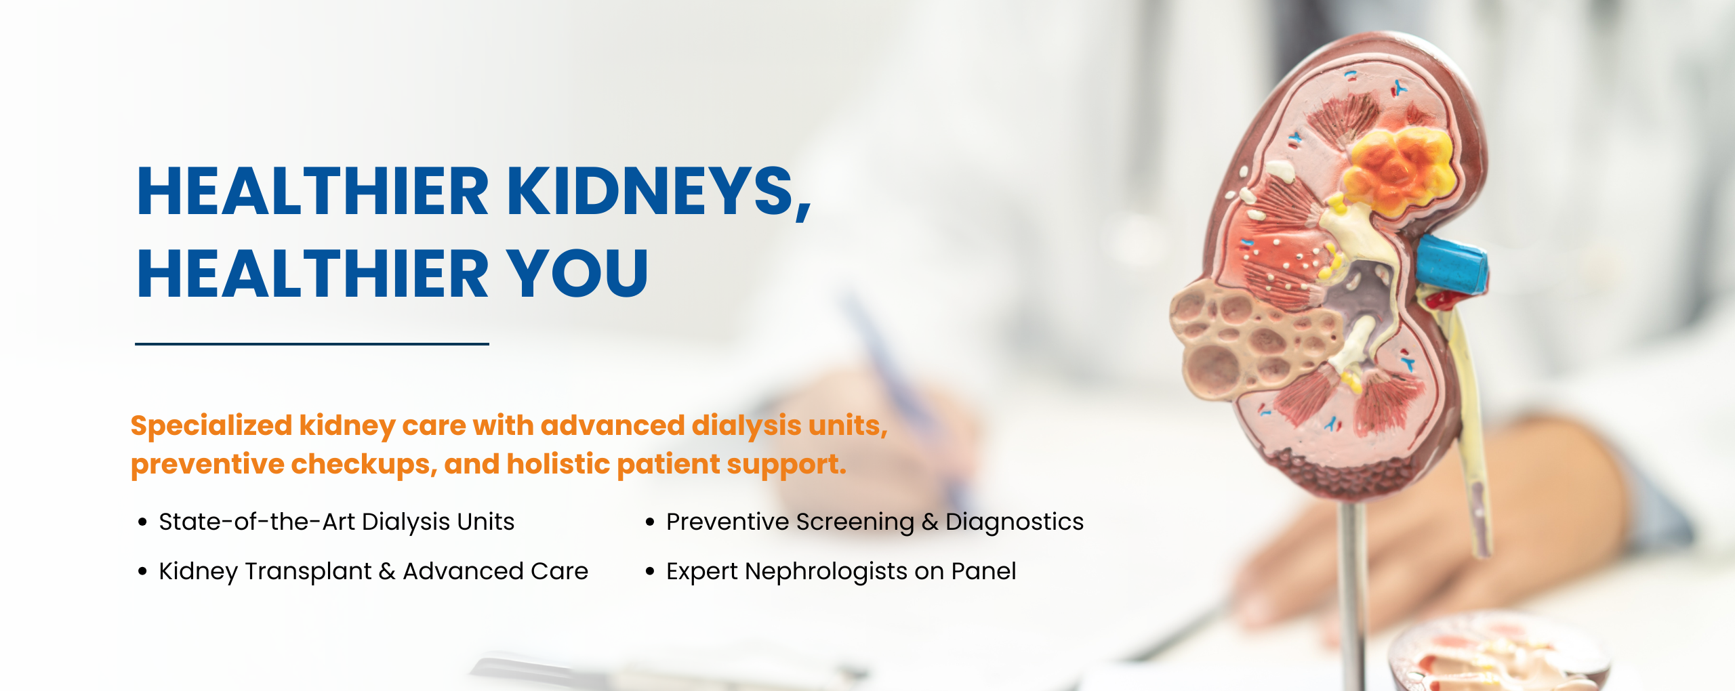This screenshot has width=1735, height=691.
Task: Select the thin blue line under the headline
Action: pyautogui.click(x=312, y=344)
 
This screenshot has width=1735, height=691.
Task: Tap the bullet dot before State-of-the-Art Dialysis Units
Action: pyautogui.click(x=142, y=522)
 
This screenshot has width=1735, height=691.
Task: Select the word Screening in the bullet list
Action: pyautogui.click(x=855, y=522)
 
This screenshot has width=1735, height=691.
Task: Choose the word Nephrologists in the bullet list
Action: pyautogui.click(x=826, y=572)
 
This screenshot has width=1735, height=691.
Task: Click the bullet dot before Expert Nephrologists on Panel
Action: pyautogui.click(x=650, y=572)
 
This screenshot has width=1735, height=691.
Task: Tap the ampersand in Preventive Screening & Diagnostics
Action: pyautogui.click(x=930, y=522)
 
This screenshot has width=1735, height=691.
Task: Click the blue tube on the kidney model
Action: pyautogui.click(x=1452, y=264)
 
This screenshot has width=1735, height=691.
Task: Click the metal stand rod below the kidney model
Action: pyautogui.click(x=1353, y=596)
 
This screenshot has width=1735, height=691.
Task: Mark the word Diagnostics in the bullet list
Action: pyautogui.click(x=1015, y=522)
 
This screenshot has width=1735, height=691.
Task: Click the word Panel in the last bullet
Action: pyautogui.click(x=983, y=571)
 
